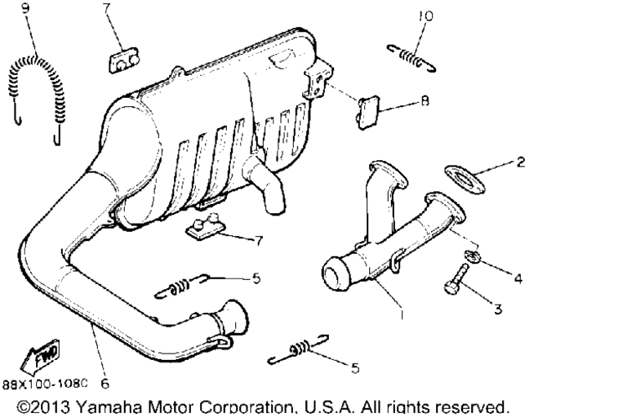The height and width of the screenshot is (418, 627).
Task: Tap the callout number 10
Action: coord(425,16)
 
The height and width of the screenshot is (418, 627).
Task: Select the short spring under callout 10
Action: coord(411,59)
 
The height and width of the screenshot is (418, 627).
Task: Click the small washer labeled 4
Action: coord(472,256)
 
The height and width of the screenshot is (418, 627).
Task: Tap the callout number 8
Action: coord(425,100)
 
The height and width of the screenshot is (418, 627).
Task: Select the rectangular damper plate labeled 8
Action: coord(369,113)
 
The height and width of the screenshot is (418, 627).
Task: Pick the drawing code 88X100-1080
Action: coord(45,384)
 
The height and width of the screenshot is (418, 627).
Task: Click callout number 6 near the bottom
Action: coord(104,384)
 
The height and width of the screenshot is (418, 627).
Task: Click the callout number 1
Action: coord(402,314)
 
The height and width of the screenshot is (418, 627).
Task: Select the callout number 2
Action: coord(520,162)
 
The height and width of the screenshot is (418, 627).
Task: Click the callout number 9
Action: coord(25,7)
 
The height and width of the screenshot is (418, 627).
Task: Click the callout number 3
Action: coord(498,309)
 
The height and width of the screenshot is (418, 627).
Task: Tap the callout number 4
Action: coord(518,278)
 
